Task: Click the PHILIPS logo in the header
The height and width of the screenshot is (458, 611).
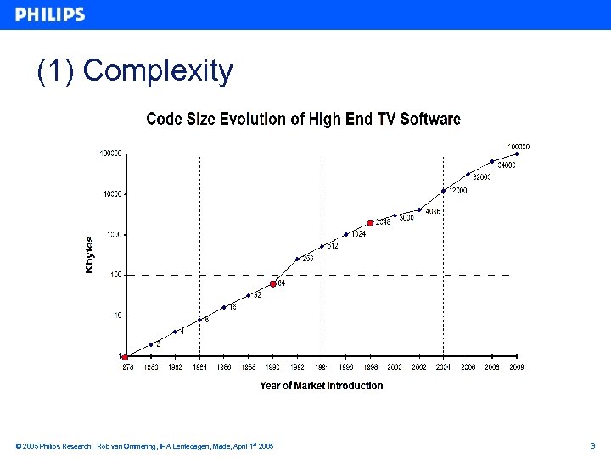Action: point(50,14)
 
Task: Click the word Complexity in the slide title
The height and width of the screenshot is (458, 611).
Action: point(158,70)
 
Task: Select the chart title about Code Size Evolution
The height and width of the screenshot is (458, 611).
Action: point(303,119)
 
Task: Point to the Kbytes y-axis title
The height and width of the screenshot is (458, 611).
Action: point(90,254)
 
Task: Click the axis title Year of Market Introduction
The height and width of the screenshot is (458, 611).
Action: point(321,386)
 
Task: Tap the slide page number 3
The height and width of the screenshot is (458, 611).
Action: point(592,445)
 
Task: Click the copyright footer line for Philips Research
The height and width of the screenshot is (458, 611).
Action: point(144,446)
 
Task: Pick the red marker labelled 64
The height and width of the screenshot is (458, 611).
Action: point(272,284)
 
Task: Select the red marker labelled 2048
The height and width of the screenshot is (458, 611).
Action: point(370,223)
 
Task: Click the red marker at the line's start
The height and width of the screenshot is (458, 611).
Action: point(125,356)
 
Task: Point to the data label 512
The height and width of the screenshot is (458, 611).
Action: point(333,246)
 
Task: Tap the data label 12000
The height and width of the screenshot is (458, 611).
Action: point(457,191)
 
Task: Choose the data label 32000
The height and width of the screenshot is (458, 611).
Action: point(481,177)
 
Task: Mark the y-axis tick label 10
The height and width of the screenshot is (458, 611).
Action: point(118,316)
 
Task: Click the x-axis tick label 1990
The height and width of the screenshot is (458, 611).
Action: point(272,367)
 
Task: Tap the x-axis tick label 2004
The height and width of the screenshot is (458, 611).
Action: point(443,367)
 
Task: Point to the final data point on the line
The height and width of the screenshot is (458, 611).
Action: point(517,154)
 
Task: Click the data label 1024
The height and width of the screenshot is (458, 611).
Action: point(358,234)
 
